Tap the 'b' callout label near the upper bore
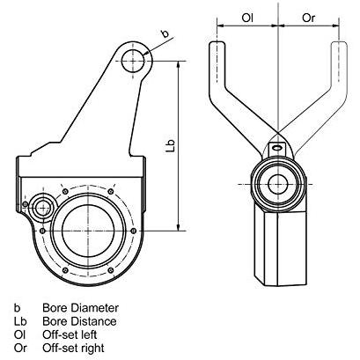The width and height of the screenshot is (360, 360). click(x=165, y=33)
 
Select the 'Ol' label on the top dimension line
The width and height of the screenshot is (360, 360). click(x=247, y=18)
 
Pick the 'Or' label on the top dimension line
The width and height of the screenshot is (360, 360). click(x=308, y=18)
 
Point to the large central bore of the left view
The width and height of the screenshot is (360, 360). click(x=88, y=231)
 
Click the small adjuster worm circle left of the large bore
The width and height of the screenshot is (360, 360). click(x=43, y=208)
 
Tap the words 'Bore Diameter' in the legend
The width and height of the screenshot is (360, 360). click(x=80, y=308)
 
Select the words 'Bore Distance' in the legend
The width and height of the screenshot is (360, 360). click(x=79, y=321)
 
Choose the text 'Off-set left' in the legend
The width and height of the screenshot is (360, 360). click(x=70, y=334)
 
